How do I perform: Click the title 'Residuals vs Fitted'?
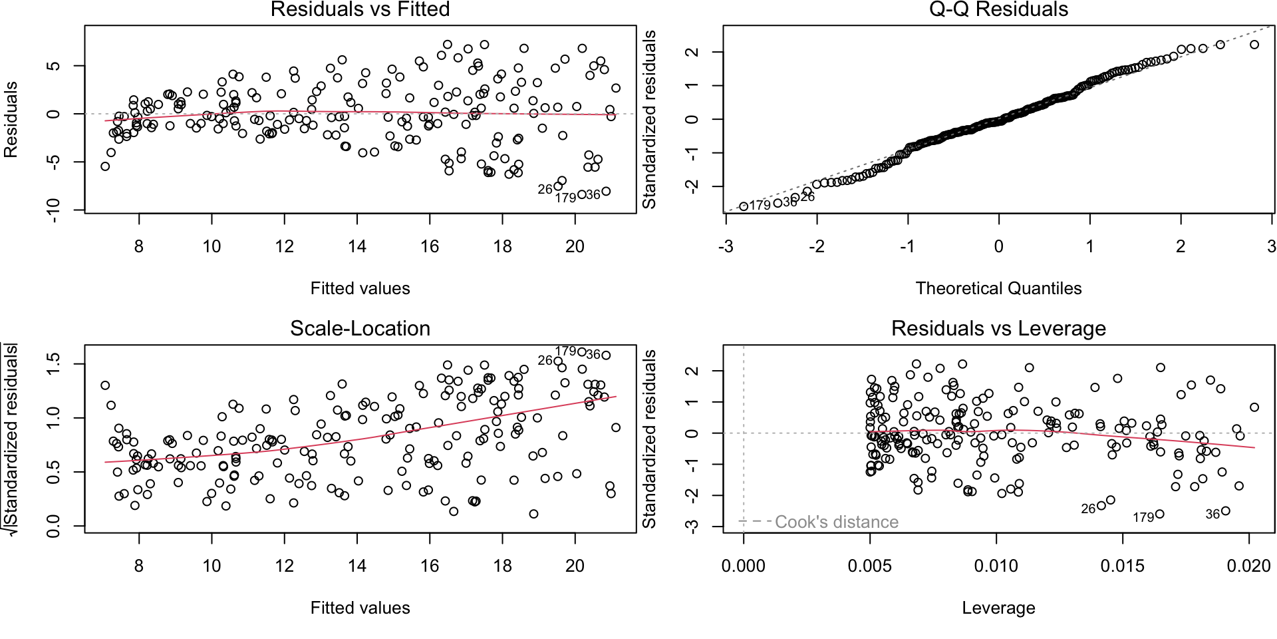[x=360, y=9]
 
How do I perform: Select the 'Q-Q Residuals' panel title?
[x=998, y=9]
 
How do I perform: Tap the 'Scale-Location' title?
[x=360, y=328]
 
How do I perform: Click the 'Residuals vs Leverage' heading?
[x=998, y=328]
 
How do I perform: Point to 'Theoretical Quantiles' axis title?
[x=998, y=288]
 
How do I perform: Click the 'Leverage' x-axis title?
[x=998, y=608]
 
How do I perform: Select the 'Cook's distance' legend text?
[x=837, y=522]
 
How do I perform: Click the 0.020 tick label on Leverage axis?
[x=1248, y=566]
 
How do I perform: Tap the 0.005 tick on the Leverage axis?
[x=869, y=566]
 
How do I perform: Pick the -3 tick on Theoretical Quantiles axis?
[x=726, y=246]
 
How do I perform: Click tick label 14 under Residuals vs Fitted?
[x=357, y=246]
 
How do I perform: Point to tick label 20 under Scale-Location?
[x=575, y=566]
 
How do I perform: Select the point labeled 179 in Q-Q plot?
[x=744, y=206]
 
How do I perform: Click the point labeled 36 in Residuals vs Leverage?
[x=1226, y=511]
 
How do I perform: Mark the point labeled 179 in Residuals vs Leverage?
[x=1160, y=514]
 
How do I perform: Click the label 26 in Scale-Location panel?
[x=545, y=360]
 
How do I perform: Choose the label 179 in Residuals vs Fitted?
[x=565, y=198]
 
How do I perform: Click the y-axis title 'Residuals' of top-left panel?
[x=11, y=120]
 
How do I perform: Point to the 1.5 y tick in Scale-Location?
[x=55, y=363]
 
